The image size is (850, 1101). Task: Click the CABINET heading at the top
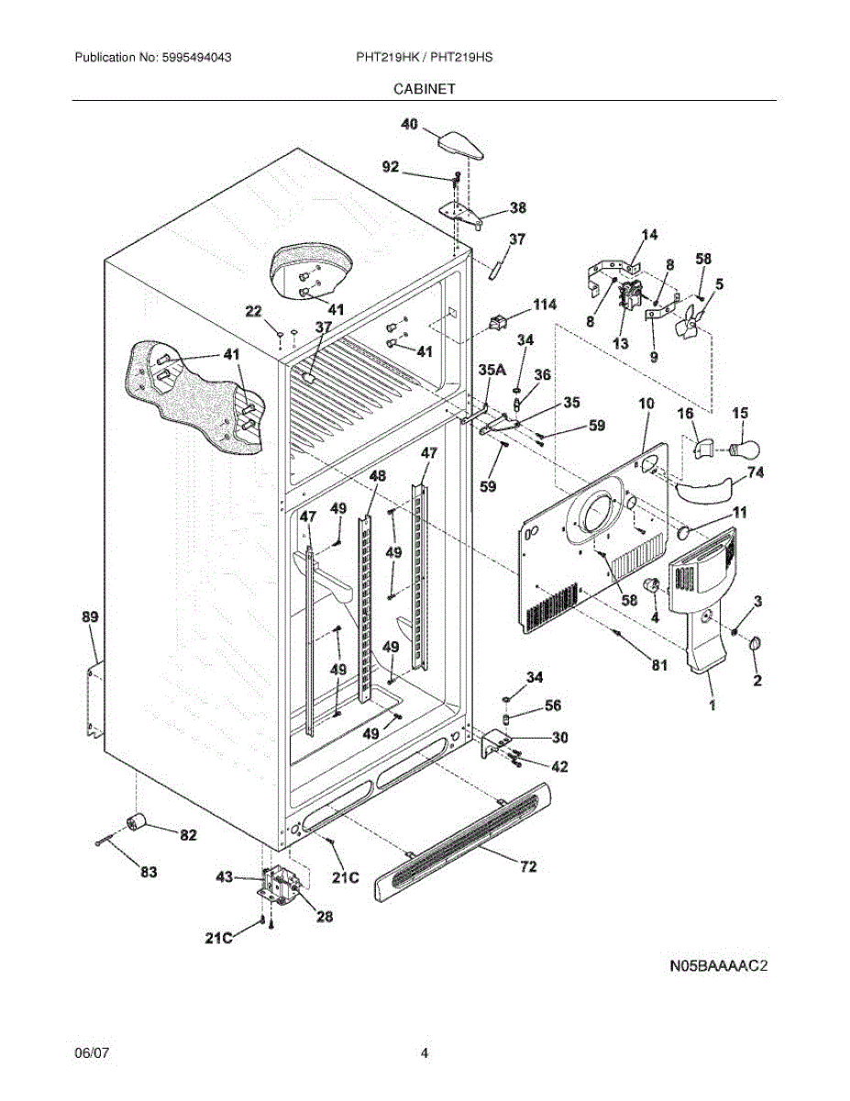(425, 89)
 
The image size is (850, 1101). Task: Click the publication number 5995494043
(196, 57)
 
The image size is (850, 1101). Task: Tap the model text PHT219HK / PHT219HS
(425, 57)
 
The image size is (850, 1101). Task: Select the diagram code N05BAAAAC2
(719, 966)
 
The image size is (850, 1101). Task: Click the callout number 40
(410, 124)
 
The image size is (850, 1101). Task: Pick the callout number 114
(545, 305)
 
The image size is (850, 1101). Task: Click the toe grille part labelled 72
(463, 841)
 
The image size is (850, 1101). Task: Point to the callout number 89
(90, 617)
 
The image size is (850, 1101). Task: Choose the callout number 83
(149, 872)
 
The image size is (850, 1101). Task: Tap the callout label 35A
(492, 371)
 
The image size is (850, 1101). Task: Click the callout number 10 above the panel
(646, 404)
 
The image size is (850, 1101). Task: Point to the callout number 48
(378, 476)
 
